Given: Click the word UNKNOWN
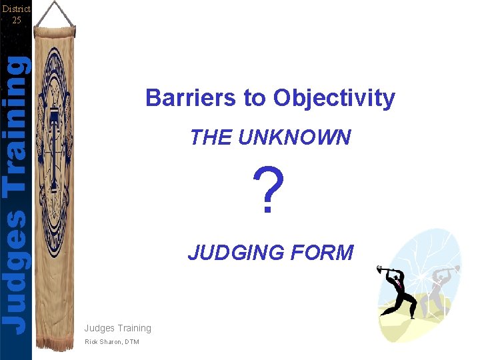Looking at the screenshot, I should click(x=295, y=137).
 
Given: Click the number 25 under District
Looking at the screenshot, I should click(x=16, y=20).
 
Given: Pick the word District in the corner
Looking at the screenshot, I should click(x=16, y=9).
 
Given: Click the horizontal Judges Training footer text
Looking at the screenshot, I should click(x=117, y=328).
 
